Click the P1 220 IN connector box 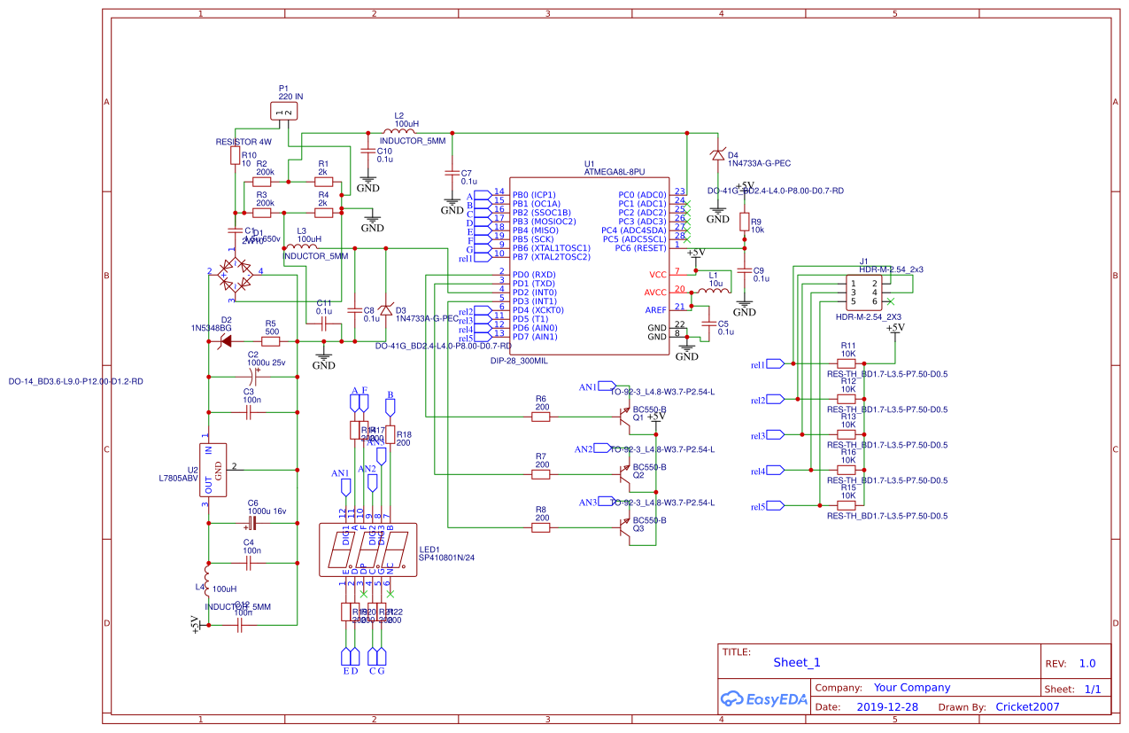click(284, 112)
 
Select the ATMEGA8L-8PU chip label click(615, 172)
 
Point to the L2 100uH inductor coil click(398, 132)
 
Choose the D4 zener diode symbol click(716, 155)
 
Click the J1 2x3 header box click(862, 292)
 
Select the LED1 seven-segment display click(367, 550)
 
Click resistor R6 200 click(540, 417)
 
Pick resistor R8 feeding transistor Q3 click(540, 527)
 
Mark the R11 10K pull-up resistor click(847, 363)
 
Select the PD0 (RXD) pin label click(534, 275)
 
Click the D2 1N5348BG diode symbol click(226, 340)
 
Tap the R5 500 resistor click(271, 340)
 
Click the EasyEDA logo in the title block click(764, 698)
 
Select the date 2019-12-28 click(887, 706)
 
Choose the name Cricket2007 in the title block click(1027, 706)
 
